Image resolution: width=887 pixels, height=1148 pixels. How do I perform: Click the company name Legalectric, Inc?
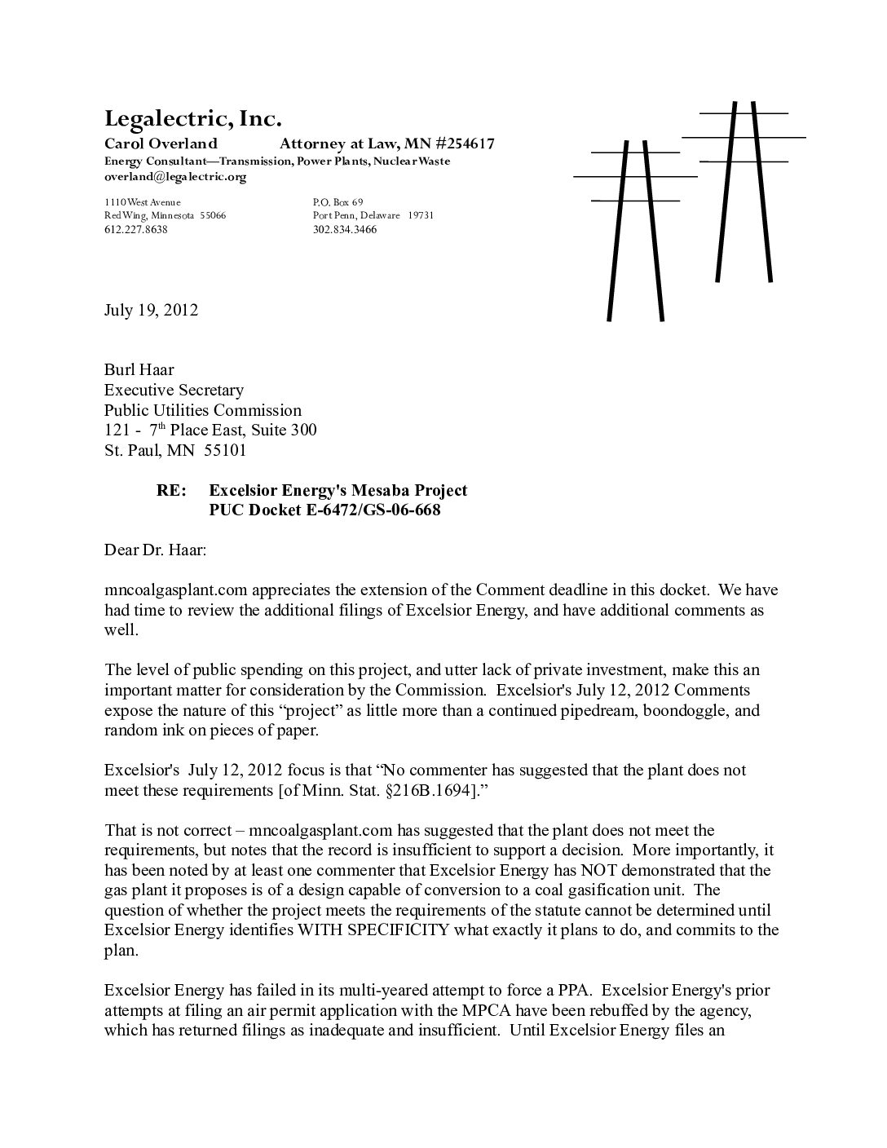pyautogui.click(x=192, y=120)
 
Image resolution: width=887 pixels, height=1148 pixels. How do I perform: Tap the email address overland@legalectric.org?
pyautogui.click(x=175, y=176)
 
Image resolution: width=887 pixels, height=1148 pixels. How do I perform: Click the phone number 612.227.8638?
pyautogui.click(x=136, y=230)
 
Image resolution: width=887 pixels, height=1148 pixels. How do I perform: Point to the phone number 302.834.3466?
pyautogui.click(x=344, y=230)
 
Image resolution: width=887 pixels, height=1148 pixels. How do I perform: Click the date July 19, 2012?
pyautogui.click(x=151, y=310)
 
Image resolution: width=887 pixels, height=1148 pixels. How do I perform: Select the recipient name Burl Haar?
pyautogui.click(x=139, y=369)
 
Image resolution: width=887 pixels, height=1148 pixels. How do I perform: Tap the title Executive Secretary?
pyautogui.click(x=174, y=390)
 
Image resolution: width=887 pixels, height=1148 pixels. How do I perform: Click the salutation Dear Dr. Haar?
pyautogui.click(x=156, y=550)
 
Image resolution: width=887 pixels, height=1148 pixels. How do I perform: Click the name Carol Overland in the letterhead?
pyautogui.click(x=161, y=144)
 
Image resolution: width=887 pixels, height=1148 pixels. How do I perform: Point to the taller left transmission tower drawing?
pyautogui.click(x=635, y=228)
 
